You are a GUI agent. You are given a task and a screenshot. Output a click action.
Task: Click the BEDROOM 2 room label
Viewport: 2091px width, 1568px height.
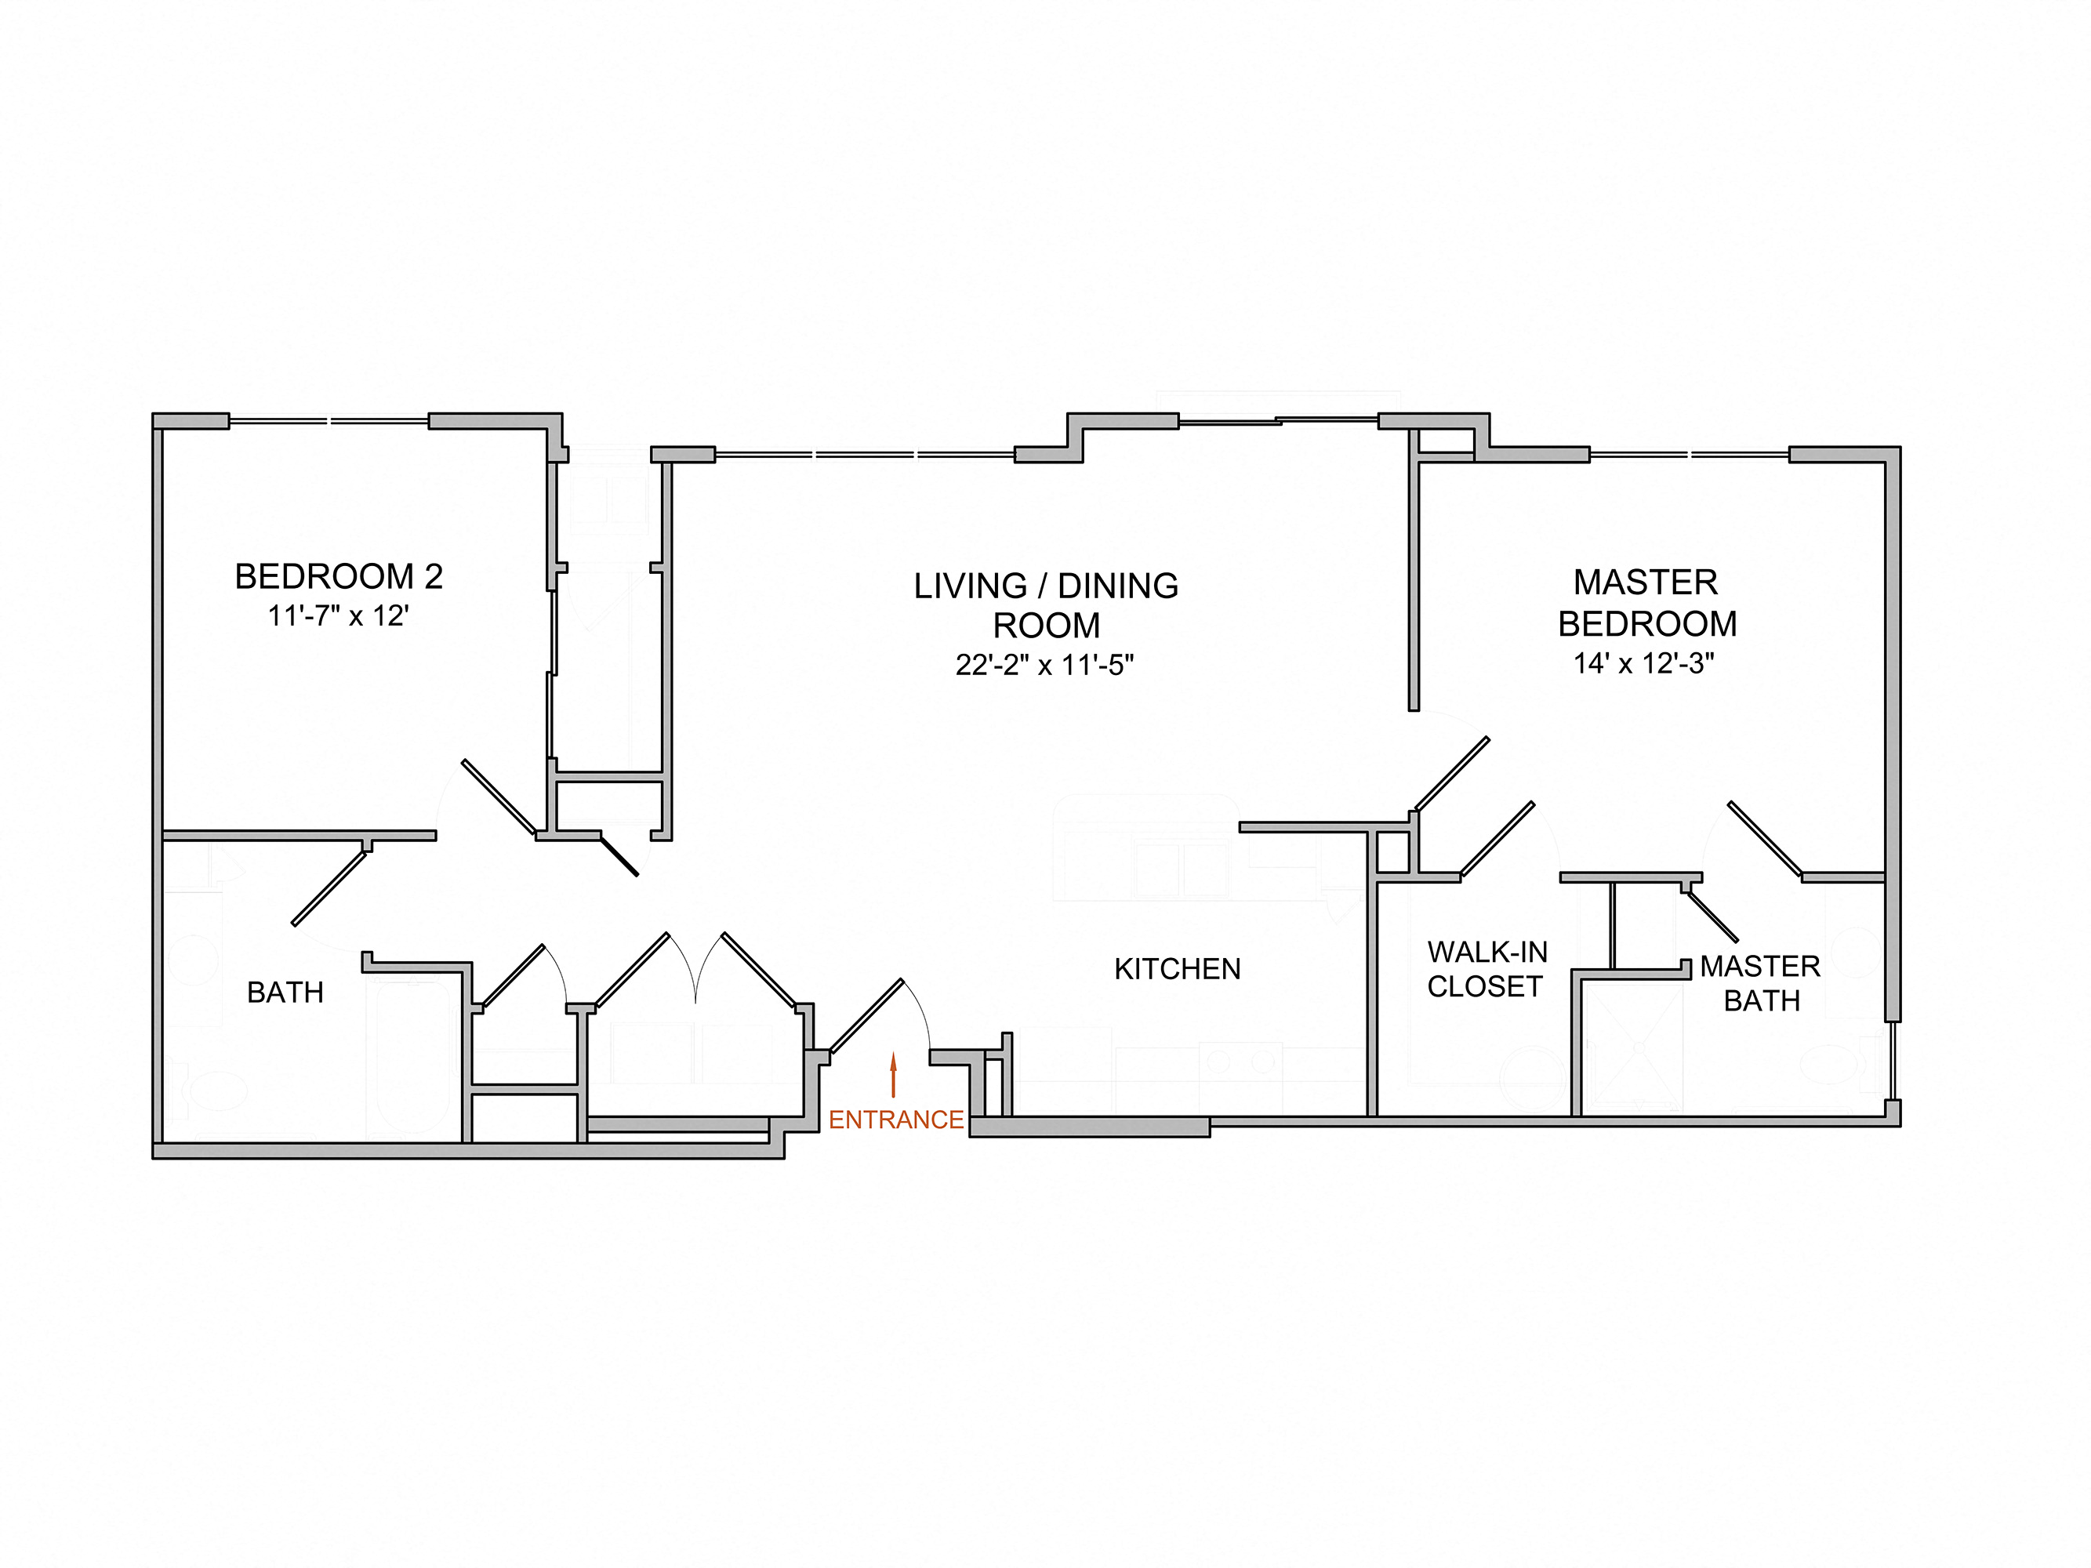[339, 576]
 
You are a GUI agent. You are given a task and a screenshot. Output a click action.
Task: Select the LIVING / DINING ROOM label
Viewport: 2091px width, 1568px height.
[1046, 605]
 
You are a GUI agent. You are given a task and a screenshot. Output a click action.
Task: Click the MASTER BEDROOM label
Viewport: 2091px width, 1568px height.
[1646, 603]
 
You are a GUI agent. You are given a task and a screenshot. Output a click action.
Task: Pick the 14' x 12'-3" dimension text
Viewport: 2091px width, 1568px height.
[1644, 663]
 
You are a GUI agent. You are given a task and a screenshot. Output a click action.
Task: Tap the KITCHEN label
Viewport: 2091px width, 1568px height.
[1177, 969]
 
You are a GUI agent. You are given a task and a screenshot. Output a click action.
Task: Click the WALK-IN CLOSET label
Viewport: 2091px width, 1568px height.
[1486, 969]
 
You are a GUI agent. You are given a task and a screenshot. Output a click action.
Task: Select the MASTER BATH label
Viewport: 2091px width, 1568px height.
[1760, 983]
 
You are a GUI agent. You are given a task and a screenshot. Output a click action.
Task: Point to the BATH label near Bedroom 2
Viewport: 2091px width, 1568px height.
[285, 993]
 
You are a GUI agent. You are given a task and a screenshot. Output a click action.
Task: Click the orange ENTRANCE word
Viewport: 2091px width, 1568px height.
[896, 1120]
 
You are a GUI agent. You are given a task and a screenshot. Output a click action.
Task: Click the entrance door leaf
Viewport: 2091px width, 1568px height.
[866, 1015]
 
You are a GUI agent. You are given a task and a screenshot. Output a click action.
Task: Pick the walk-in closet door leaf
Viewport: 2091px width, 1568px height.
[1497, 840]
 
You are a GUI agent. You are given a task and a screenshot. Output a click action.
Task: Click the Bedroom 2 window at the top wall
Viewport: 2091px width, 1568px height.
[329, 420]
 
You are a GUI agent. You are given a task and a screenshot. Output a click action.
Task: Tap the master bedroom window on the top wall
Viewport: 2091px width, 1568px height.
[1690, 455]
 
